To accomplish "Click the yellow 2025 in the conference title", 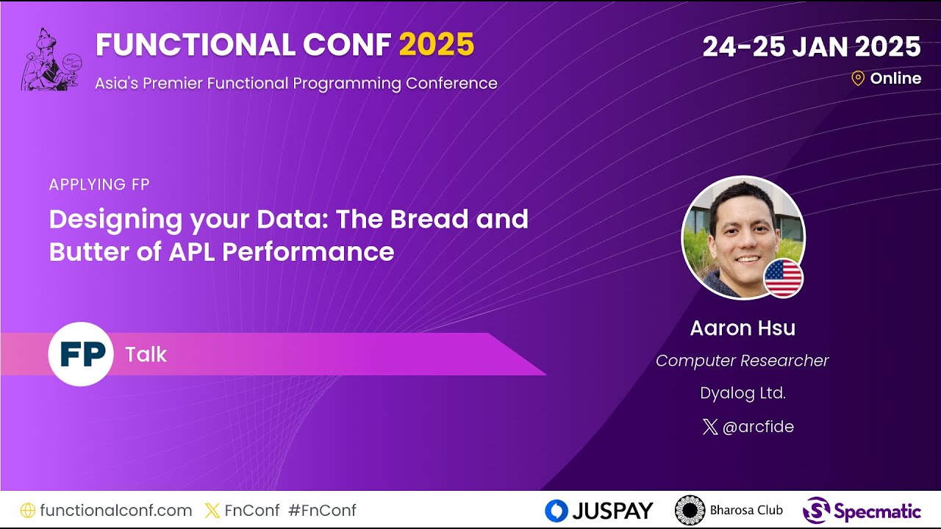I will [x=437, y=46].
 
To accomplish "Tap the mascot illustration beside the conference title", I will [x=51, y=60].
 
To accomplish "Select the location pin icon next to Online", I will [x=857, y=79].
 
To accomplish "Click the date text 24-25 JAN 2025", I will [x=811, y=47].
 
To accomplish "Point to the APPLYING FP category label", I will [x=99, y=184].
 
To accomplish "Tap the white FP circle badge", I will [x=81, y=354].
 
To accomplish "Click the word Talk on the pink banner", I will [x=146, y=355].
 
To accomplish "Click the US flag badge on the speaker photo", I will [x=783, y=278].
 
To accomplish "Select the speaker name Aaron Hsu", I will [x=743, y=328].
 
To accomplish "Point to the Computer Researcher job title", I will [x=742, y=361].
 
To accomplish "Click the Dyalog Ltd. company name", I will [x=743, y=393].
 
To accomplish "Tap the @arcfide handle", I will [x=758, y=427].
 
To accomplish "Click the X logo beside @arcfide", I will [x=709, y=427].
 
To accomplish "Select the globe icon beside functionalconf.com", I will [x=28, y=510].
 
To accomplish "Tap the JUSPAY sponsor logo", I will [x=598, y=511].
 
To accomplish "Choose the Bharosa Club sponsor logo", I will [x=729, y=510].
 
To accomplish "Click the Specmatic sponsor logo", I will [x=862, y=511].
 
